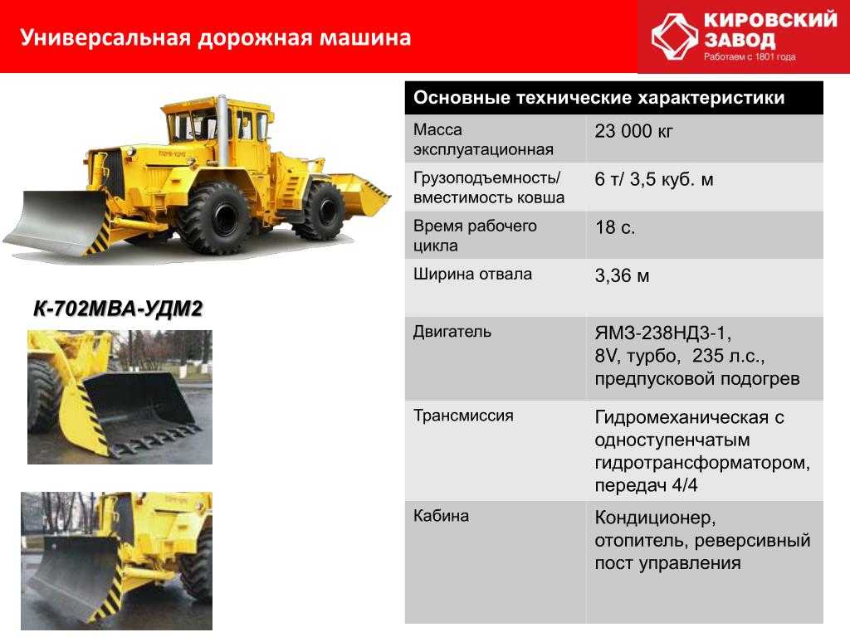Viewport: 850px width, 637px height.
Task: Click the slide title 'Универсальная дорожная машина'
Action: (215, 38)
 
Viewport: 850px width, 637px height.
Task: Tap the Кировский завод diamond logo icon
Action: (674, 36)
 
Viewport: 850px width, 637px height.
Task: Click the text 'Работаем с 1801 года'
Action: (750, 56)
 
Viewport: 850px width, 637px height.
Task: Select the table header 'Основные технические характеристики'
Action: (599, 98)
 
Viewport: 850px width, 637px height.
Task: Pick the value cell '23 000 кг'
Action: (633, 131)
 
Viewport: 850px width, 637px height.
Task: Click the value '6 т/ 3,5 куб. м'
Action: (654, 179)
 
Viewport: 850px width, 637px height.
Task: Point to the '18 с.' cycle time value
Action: (615, 227)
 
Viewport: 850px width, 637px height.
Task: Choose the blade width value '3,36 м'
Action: (622, 275)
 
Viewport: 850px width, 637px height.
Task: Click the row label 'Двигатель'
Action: (452, 332)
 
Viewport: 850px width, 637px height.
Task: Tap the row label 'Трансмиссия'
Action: (463, 416)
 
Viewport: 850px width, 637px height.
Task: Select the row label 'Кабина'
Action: (441, 516)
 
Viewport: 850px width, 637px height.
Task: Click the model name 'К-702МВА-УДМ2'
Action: (118, 309)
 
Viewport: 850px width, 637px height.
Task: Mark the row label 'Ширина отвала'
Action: (472, 274)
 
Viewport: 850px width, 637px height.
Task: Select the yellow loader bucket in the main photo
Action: (359, 192)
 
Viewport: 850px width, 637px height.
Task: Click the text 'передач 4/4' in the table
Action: (646, 485)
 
